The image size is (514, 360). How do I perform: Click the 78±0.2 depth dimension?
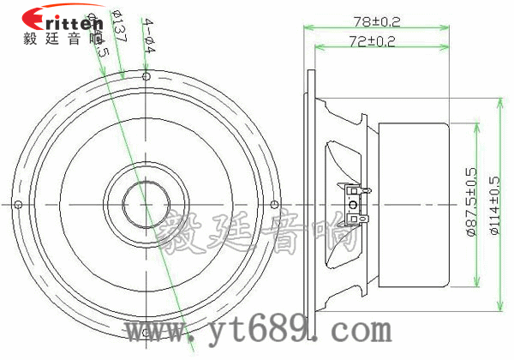tap(377, 20)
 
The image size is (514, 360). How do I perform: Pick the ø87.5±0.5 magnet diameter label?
tap(470, 206)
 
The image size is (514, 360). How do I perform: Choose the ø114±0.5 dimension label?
tap(493, 206)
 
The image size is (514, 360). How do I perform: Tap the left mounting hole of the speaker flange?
tap(17, 204)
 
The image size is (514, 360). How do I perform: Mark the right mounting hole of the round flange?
tap(273, 204)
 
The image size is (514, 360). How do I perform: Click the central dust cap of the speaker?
tap(146, 204)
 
